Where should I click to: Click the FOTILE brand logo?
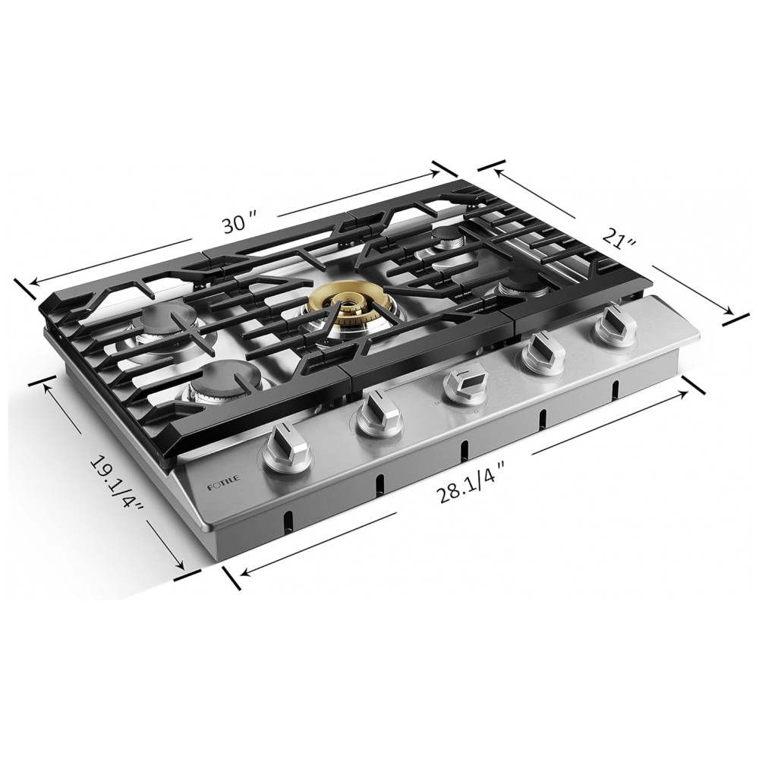[x=223, y=484]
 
